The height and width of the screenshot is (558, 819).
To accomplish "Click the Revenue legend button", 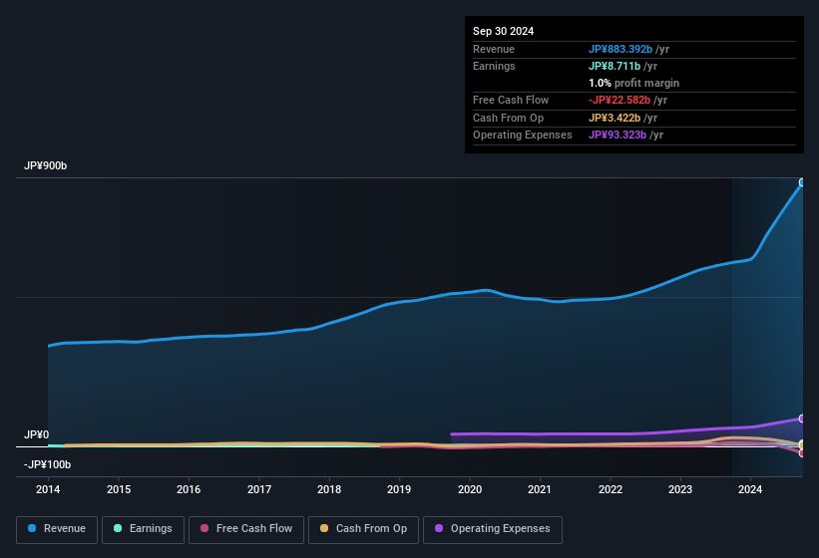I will tap(57, 529).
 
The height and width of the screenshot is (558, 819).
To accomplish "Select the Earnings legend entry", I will tap(143, 529).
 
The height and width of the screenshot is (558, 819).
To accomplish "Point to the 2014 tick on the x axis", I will tap(48, 489).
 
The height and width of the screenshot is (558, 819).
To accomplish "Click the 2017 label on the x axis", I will tap(259, 489).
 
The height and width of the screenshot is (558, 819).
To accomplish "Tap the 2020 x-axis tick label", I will tap(470, 489).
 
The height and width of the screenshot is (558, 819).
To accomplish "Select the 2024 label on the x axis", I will tap(750, 489).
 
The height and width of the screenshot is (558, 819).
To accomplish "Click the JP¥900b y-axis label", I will tap(46, 166).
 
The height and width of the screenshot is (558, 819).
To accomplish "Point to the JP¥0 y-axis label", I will tap(37, 435).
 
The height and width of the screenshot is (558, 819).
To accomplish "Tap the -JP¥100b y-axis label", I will tap(48, 464).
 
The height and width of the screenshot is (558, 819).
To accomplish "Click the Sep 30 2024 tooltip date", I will tap(503, 31).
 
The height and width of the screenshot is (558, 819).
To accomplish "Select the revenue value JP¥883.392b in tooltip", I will tap(620, 49).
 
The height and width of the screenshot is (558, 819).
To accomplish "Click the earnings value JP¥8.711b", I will tap(616, 66).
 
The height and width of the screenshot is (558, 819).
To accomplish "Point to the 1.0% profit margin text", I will tap(633, 83).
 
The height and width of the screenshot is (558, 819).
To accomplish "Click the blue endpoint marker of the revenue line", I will tap(801, 182).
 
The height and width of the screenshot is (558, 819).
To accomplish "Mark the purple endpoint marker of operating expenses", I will tap(801, 418).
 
